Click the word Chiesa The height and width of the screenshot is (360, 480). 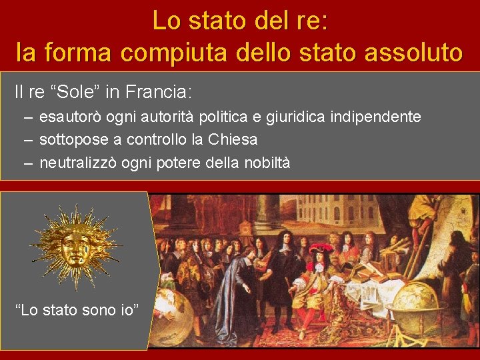tap(233, 140)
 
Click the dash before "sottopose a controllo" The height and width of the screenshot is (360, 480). tap(27, 140)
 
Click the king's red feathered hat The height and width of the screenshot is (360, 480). tap(321, 248)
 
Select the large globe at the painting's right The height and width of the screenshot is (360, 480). tap(415, 303)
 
